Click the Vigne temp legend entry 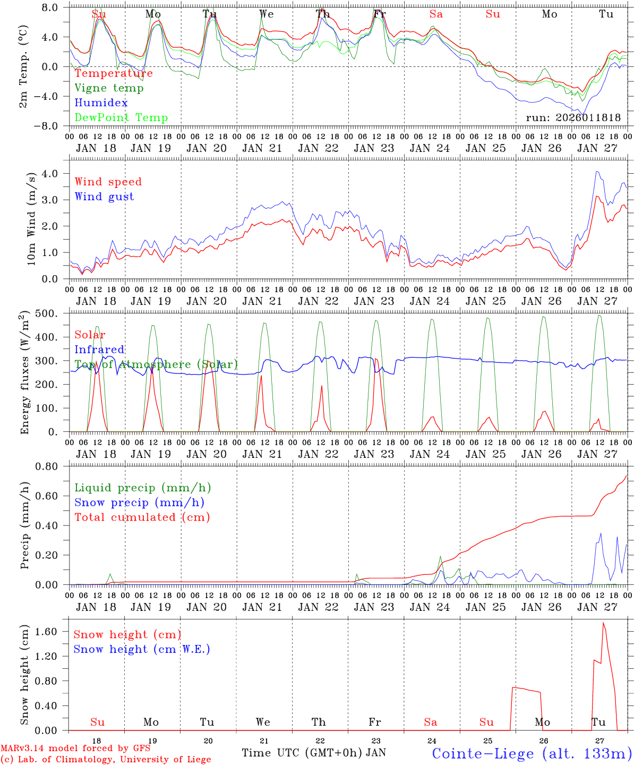[x=109, y=88]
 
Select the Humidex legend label [x=101, y=103]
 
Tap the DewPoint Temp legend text [x=121, y=118]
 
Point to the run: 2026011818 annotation [x=573, y=118]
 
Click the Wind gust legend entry [x=104, y=197]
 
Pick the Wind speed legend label [x=108, y=182]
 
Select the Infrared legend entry [x=99, y=350]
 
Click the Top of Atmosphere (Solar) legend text [x=156, y=364]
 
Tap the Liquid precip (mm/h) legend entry [x=143, y=488]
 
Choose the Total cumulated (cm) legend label [x=142, y=517]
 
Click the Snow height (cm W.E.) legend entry [x=142, y=649]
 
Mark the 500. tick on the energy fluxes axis [x=47, y=313]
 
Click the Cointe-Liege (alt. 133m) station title [x=532, y=753]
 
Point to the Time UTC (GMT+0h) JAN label [x=314, y=753]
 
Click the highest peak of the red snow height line [x=603, y=623]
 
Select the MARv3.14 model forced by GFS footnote [x=75, y=749]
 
